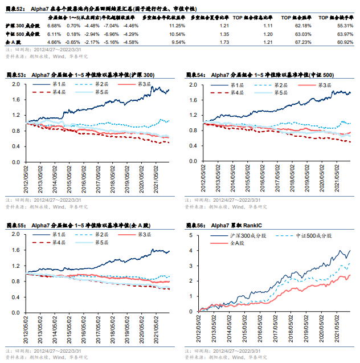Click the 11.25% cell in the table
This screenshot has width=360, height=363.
tap(177, 26)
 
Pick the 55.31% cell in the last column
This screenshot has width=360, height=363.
tap(345, 26)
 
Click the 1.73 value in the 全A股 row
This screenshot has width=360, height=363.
tap(224, 42)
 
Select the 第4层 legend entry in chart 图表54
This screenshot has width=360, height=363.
tap(237, 92)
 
